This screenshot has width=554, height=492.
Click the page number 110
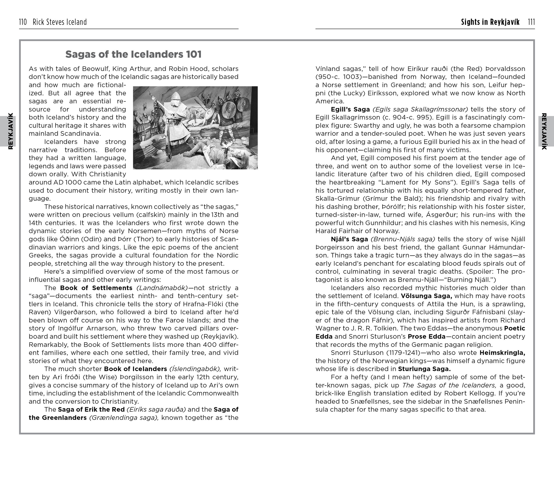pos(23,22)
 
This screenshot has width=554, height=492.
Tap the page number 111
pos(531,22)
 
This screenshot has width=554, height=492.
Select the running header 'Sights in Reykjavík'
pos(490,22)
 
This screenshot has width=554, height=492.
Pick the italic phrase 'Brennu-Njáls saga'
pos(403,239)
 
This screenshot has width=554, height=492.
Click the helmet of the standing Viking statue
pos(176,95)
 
